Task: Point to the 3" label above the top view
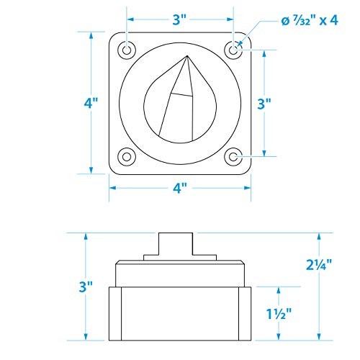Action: click(x=179, y=19)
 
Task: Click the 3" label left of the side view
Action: click(x=86, y=287)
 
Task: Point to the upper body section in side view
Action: click(x=179, y=274)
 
